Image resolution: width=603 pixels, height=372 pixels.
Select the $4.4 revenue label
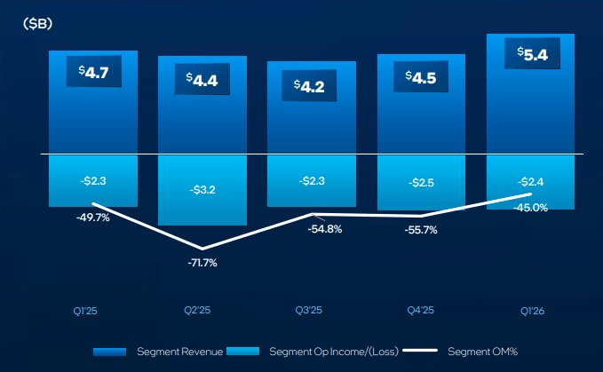pyautogui.click(x=202, y=80)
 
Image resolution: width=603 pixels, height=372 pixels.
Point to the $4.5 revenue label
pyautogui.click(x=420, y=76)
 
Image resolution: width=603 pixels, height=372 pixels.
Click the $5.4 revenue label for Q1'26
pyautogui.click(x=529, y=54)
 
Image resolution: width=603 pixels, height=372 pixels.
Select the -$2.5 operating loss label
pyautogui.click(x=420, y=182)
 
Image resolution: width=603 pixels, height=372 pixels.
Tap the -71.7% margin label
pyautogui.click(x=202, y=263)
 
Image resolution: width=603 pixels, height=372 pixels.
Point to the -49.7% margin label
pyautogui.click(x=92, y=217)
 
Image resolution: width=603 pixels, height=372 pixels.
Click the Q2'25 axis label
pyautogui.click(x=202, y=311)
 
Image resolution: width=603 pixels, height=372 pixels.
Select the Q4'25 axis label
pyautogui.click(x=420, y=311)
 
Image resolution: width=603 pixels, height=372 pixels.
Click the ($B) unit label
pyautogui.click(x=37, y=24)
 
